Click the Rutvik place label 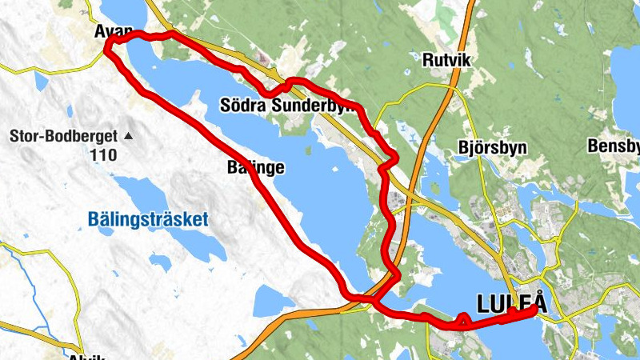click(444, 59)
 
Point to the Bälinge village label click(255, 167)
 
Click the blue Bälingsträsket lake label click(148, 218)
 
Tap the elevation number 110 click(104, 154)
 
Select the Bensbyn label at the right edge click(614, 146)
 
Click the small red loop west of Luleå click(462, 322)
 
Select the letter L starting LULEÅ click(482, 304)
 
